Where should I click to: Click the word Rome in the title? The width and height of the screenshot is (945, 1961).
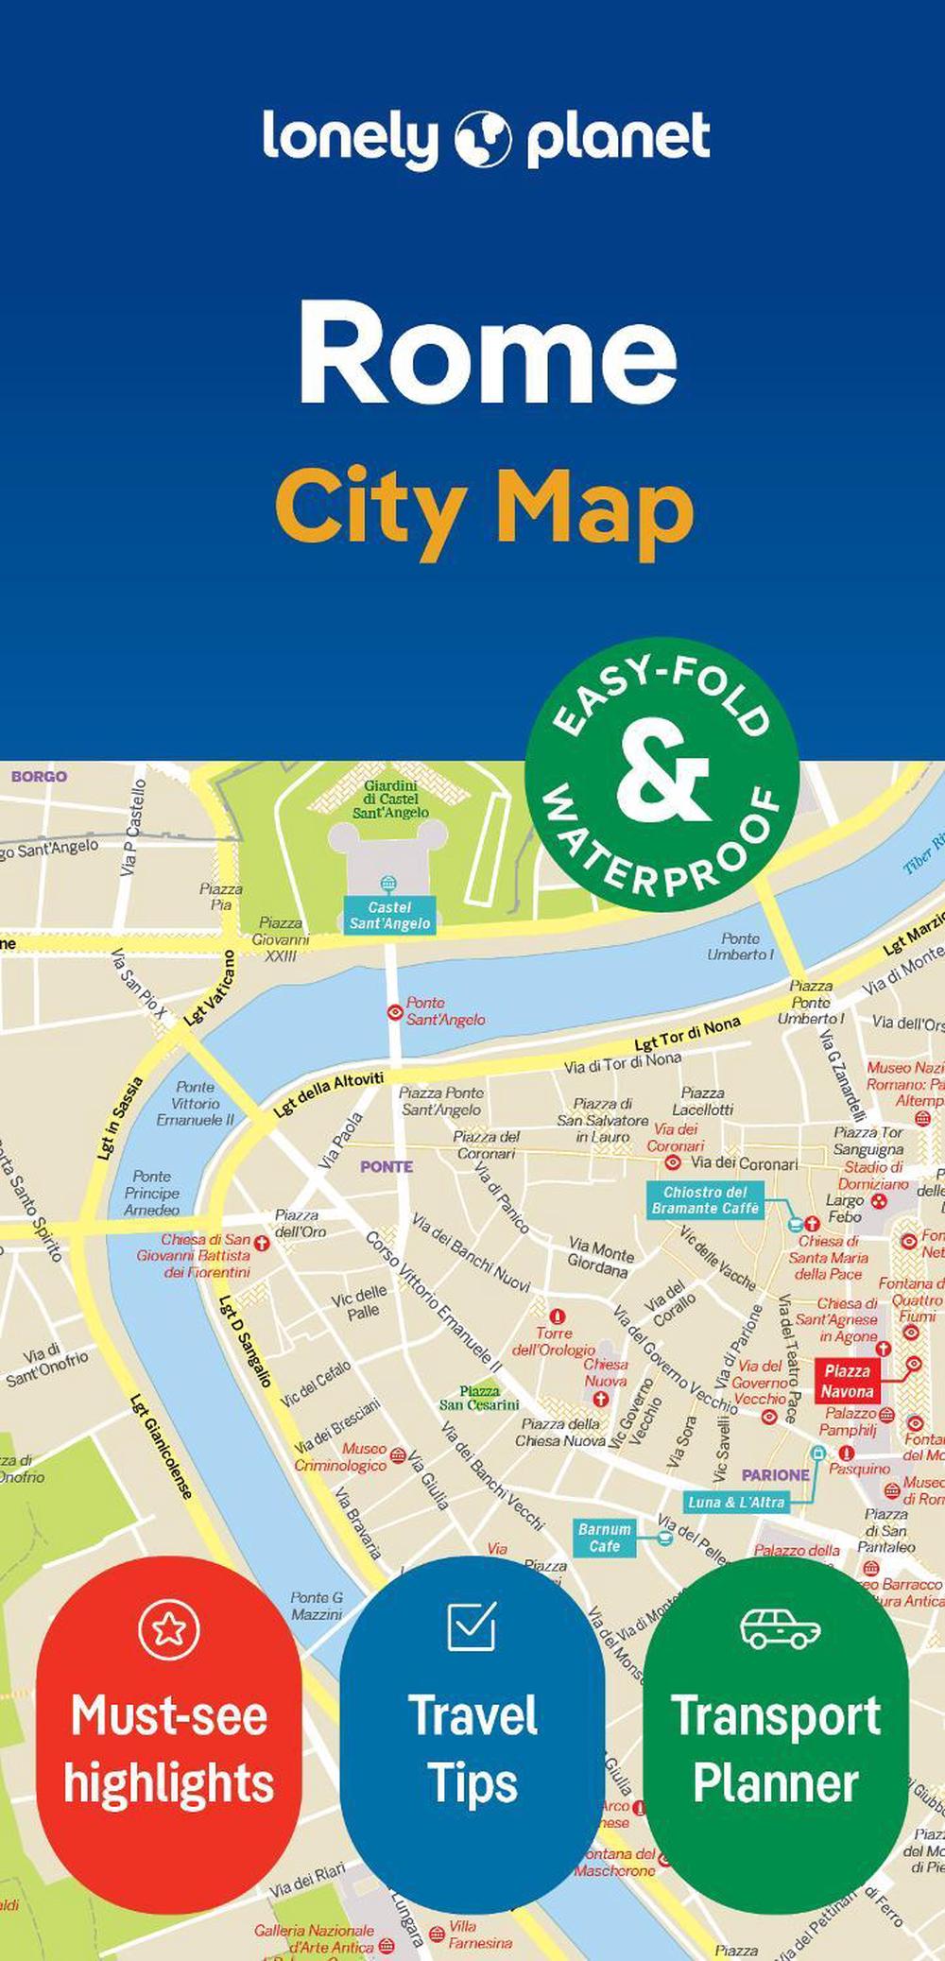[488, 353]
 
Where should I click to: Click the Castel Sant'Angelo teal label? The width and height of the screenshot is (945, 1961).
[389, 915]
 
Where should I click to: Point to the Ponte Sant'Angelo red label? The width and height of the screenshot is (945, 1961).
[445, 1010]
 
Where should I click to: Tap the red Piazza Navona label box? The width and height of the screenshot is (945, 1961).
[847, 1381]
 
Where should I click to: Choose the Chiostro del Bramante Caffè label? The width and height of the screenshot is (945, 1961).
[705, 1199]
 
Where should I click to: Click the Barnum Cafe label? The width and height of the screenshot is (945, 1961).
[604, 1538]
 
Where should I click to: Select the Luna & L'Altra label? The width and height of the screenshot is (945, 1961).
[736, 1502]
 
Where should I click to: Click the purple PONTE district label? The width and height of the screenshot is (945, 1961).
[386, 1166]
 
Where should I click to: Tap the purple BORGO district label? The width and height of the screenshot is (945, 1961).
[39, 776]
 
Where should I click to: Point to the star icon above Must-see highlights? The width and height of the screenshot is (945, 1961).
[169, 1628]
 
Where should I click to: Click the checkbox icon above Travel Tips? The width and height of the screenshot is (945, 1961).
[472, 1626]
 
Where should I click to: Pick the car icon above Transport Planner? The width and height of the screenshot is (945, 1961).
[780, 1628]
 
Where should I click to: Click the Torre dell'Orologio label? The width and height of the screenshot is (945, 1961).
[554, 1341]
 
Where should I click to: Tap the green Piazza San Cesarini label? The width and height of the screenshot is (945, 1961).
[479, 1398]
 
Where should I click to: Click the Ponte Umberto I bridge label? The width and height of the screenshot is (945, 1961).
[740, 946]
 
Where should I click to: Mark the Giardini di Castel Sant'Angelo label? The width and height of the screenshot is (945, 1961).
[390, 799]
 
